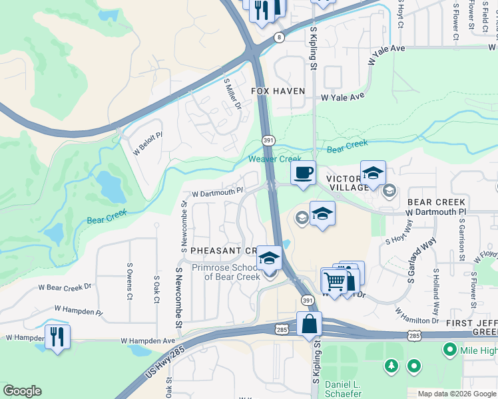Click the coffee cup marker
point(303,174)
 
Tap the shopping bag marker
point(310,325)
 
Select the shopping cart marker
point(335,281)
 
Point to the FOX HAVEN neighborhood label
point(278,91)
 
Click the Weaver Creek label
point(270,159)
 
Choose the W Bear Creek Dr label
point(64,287)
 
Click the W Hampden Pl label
point(79,310)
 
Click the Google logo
point(22,390)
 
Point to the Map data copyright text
point(457,394)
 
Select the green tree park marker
point(391,365)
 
